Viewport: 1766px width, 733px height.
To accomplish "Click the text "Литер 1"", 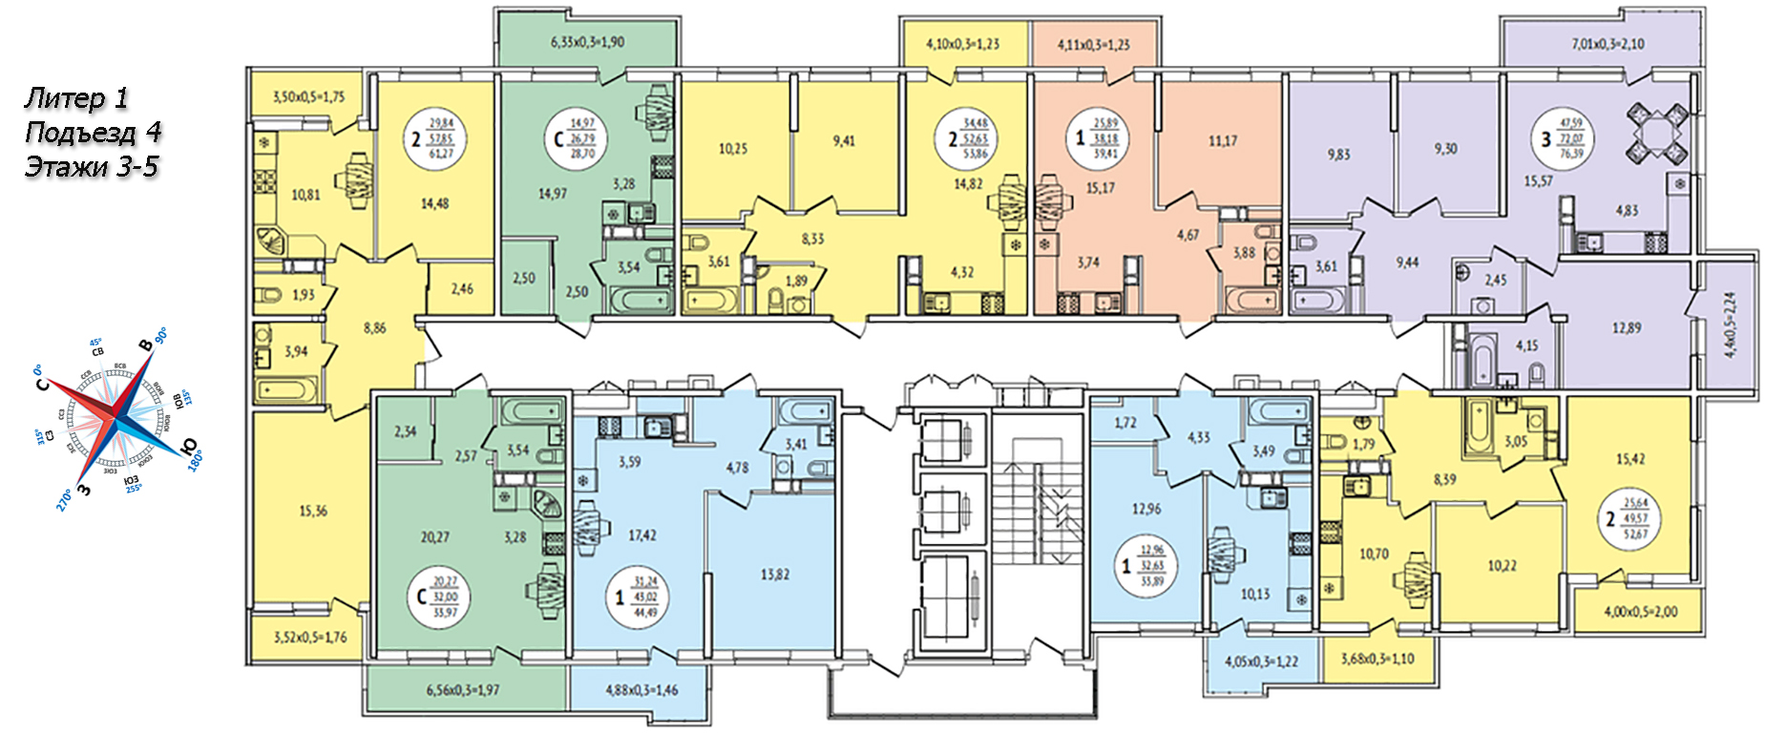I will pos(76,97).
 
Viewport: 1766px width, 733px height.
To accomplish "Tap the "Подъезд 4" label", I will pos(93,132).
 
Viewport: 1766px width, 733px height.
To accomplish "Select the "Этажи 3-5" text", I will pos(91,167).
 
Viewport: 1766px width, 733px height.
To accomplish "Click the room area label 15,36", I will pos(313,511).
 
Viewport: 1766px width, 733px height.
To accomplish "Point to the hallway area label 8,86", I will pos(375,327).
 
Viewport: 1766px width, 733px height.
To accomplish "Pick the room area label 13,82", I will pos(775,575).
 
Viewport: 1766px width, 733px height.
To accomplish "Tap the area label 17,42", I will pos(642,535).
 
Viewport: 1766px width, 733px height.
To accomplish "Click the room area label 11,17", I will pos(1223,141).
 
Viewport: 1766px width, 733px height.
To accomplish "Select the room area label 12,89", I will pos(1627,327).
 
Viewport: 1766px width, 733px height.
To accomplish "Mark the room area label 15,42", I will pos(1630,459).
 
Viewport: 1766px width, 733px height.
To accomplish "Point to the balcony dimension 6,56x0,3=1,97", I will pos(463,690).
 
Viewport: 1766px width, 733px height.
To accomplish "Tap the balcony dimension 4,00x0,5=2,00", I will pos(1640,612).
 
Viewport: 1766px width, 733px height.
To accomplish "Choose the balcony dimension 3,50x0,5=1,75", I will pos(308,96).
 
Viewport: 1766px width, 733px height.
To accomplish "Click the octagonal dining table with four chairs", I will pos(1657,135).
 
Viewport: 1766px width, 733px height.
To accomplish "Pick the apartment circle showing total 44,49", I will pos(638,597).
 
